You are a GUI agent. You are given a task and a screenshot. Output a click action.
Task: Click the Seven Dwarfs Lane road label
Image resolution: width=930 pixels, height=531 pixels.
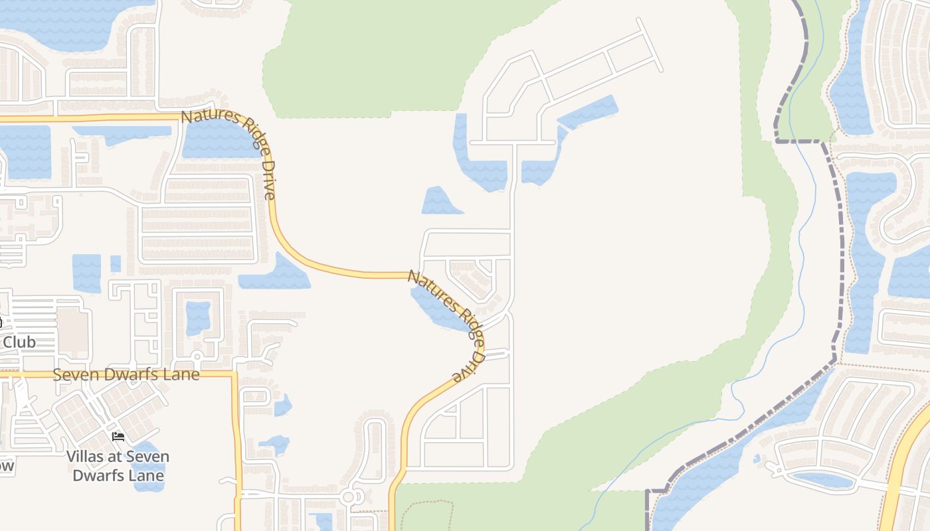coord(126,374)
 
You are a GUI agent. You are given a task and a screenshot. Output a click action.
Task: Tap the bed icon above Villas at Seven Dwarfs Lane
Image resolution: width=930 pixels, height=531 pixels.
coord(118,436)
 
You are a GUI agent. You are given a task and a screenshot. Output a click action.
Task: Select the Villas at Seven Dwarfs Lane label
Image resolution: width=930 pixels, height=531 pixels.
coord(118,466)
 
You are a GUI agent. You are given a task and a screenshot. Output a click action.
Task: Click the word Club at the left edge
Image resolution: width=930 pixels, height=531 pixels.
coord(20,342)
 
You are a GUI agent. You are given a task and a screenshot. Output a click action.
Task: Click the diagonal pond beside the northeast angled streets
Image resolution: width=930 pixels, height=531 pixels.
coord(589,112)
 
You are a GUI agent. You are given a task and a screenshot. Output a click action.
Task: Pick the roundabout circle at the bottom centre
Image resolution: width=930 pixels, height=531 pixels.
coord(349,496)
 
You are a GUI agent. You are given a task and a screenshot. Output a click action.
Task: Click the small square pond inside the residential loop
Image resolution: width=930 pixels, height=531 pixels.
coord(197,317)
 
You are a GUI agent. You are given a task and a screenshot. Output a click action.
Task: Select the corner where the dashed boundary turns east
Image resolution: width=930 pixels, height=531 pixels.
coord(777,141)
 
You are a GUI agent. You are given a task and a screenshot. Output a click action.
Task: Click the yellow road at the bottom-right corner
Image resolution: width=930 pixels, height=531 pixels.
coord(897,478)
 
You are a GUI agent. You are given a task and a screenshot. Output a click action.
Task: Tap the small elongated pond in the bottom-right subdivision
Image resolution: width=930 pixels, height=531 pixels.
coord(824,479)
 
